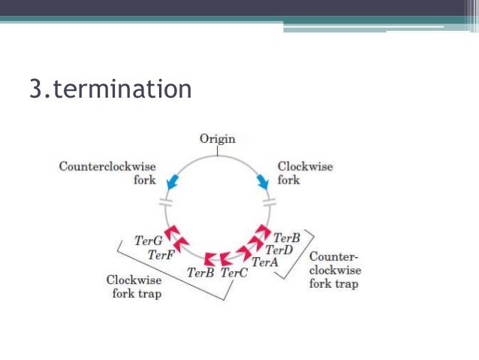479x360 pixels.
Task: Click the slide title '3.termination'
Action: coord(110,89)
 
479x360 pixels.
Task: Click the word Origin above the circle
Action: coord(217,138)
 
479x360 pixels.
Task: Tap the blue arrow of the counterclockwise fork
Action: coord(172,180)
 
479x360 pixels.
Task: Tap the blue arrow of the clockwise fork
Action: coord(264,181)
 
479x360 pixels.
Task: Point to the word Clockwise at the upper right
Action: coord(306,166)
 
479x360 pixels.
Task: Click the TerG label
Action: coord(148,241)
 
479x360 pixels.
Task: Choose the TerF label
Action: coord(161,256)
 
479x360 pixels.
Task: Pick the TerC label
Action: coord(233,274)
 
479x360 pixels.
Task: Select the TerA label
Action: coord(265,262)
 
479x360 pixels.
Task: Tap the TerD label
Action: coord(279,250)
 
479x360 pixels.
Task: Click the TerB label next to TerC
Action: coord(200,274)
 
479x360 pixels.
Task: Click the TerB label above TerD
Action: coord(287,237)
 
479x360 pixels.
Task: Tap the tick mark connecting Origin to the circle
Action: coord(217,150)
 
